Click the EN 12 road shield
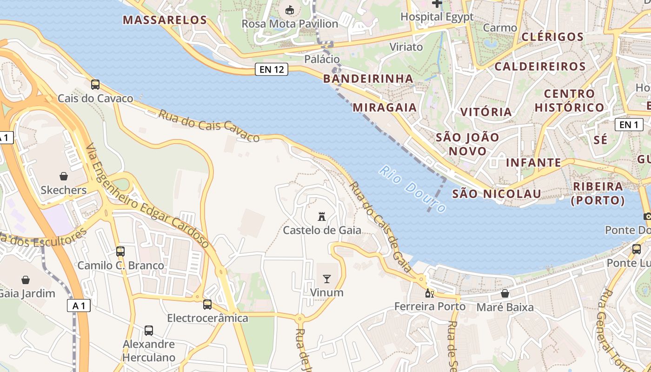point(272,70)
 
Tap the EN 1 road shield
point(629,125)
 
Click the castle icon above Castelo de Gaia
point(322,216)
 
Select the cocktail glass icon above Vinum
point(327,279)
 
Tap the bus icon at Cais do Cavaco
point(95,84)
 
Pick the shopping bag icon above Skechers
point(64,176)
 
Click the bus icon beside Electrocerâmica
point(207,305)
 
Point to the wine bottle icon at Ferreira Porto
point(430,293)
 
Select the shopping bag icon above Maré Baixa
point(505,293)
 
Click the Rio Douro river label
point(412,189)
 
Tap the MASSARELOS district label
point(165,20)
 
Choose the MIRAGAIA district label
point(385,107)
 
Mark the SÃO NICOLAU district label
point(497,194)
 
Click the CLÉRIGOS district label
point(552,37)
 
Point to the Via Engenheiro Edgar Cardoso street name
point(148,196)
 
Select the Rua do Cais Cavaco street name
point(209,126)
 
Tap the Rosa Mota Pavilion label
point(290,23)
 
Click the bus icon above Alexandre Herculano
point(149,331)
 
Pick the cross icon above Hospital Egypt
point(437,4)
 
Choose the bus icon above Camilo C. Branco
point(120,252)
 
